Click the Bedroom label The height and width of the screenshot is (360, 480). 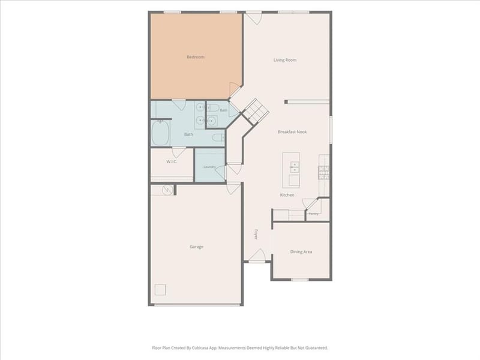196,57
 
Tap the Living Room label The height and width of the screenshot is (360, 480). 284,60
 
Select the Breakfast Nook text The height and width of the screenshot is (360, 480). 292,132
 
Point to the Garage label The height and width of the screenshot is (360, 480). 196,247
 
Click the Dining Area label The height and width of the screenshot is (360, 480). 301,252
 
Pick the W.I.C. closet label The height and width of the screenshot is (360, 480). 172,161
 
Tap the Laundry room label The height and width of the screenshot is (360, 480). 209,167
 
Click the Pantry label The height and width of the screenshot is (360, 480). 313,214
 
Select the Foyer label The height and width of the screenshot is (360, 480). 256,234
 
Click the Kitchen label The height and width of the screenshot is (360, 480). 287,195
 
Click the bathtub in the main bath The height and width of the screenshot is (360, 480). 160,133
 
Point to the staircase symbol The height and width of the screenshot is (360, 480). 256,112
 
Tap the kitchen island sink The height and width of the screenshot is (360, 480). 295,167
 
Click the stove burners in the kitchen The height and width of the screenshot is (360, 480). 323,173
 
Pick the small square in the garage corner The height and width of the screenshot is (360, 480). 160,290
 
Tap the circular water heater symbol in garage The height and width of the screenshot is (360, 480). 167,190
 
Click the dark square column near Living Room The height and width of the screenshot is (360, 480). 286,102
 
